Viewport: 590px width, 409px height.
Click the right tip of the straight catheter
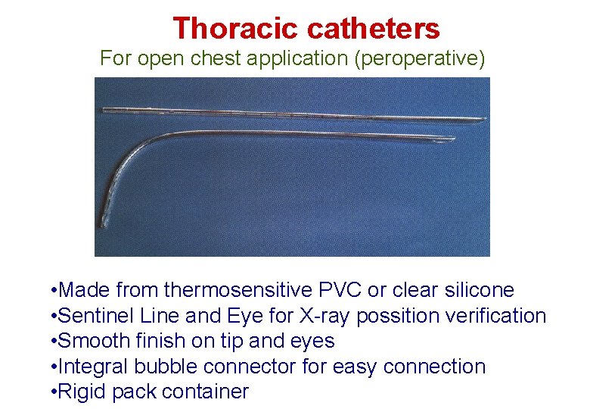(484, 119)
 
